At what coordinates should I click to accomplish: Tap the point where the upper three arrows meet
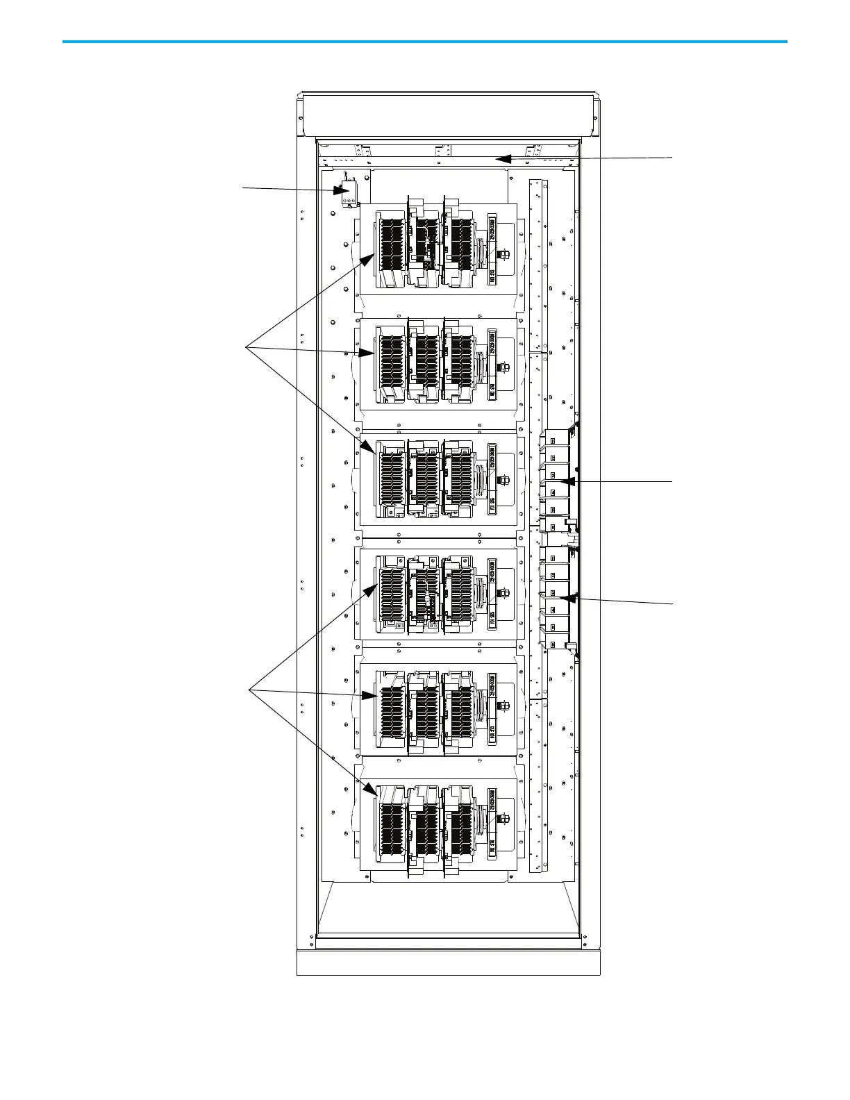coord(247,346)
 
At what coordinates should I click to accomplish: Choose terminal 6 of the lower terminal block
coord(553,644)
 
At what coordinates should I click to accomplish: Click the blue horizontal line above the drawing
coord(424,42)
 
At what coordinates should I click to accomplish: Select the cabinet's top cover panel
coord(448,115)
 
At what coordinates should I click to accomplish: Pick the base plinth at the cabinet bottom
coord(448,963)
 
